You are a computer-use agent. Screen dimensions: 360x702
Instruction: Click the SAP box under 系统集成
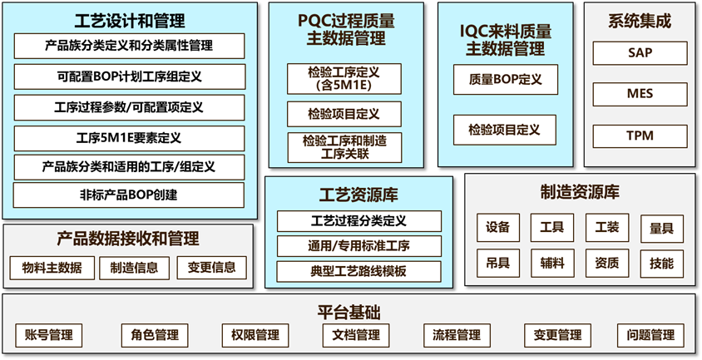coord(640,53)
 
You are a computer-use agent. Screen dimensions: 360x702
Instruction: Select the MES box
coord(640,94)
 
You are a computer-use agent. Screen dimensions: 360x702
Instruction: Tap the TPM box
coord(640,136)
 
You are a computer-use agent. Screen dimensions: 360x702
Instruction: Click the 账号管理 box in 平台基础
coord(49,336)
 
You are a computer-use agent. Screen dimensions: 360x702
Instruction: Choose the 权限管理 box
coord(250,336)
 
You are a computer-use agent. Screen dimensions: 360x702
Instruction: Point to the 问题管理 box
coord(651,336)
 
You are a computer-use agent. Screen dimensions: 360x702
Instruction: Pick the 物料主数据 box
coord(52,268)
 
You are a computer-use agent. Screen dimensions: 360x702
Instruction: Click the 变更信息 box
coord(211,268)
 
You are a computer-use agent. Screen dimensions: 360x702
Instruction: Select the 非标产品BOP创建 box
coord(129,195)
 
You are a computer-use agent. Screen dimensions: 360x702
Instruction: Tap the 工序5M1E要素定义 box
coord(129,138)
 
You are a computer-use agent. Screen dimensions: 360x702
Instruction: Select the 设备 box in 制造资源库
coord(498,228)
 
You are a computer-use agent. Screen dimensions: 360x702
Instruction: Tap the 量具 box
coord(661,228)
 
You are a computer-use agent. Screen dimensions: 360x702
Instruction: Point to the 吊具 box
coord(498,264)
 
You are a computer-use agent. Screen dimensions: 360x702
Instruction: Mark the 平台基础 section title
coord(349,313)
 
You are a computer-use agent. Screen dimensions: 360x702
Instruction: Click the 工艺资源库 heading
coord(358,195)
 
